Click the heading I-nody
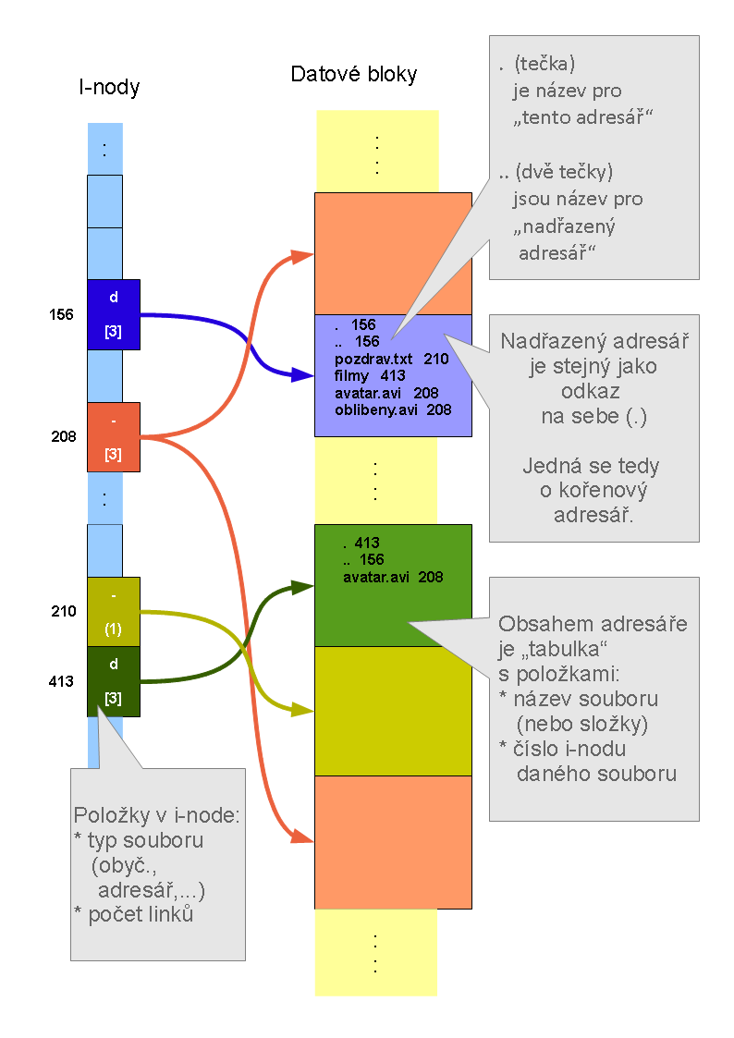pyautogui.click(x=109, y=88)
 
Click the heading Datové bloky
pyautogui.click(x=354, y=74)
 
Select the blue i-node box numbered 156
pyautogui.click(x=113, y=314)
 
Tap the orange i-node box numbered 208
pyautogui.click(x=113, y=437)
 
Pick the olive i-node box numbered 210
pyautogui.click(x=113, y=612)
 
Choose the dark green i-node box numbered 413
pyautogui.click(x=113, y=681)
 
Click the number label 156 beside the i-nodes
pyautogui.click(x=61, y=314)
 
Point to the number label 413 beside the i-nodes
pyautogui.click(x=61, y=682)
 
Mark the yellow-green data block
pyautogui.click(x=393, y=711)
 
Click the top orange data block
pyautogui.click(x=393, y=252)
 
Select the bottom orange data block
pyautogui.click(x=393, y=842)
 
